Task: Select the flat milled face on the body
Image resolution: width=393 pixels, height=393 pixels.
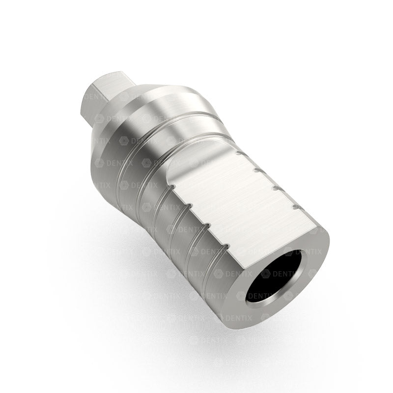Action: [246, 206]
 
